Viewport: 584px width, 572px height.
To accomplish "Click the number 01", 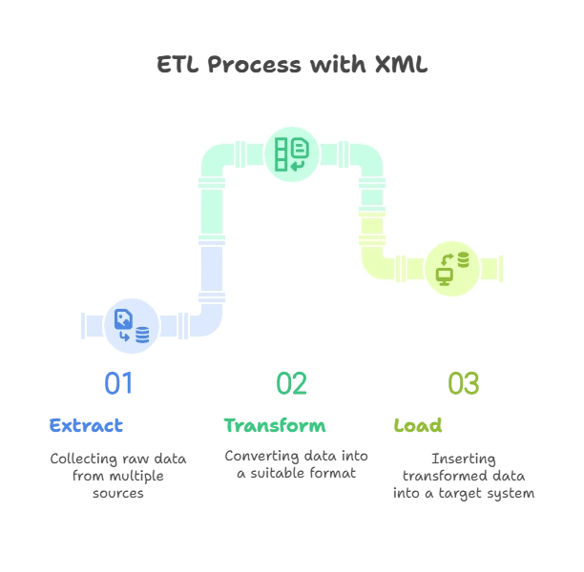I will (x=119, y=383).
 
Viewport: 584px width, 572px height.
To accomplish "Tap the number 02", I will (x=292, y=383).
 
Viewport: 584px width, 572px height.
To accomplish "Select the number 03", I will (x=464, y=383).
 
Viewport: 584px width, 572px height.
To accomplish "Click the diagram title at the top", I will (x=292, y=66).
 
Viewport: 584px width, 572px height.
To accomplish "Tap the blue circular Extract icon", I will (x=132, y=325).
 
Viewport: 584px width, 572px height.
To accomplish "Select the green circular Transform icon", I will (x=292, y=153).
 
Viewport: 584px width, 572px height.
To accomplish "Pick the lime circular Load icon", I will (x=452, y=267).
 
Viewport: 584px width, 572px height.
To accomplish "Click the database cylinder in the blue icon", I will (x=142, y=335).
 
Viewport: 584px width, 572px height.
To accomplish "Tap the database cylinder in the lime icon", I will (x=464, y=258).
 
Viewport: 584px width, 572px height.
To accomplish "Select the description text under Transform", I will (x=296, y=465).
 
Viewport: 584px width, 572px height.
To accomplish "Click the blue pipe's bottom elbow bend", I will (x=205, y=318).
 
